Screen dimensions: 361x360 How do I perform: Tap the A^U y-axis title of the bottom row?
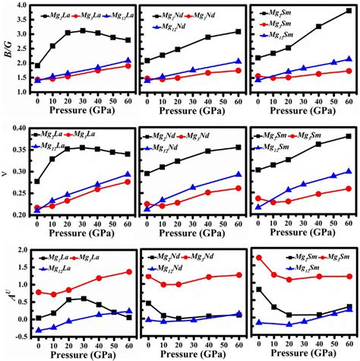pyautogui.click(x=7, y=293)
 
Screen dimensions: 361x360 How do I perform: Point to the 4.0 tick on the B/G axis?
pyautogui.click(x=22, y=6)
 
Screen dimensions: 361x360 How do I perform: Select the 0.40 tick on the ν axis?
pyautogui.click(x=20, y=127)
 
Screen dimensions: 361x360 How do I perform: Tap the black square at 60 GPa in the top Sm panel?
pyautogui.click(x=349, y=11)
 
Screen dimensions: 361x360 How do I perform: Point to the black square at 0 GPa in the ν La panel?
pyautogui.click(x=38, y=182)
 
